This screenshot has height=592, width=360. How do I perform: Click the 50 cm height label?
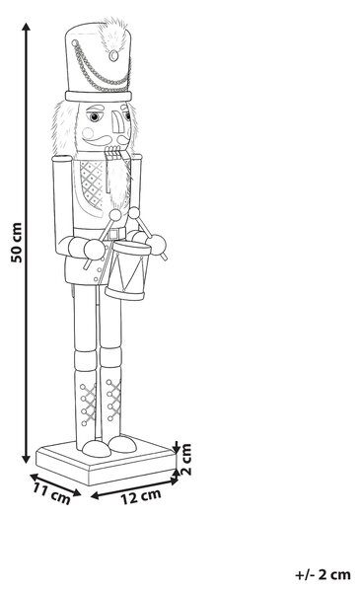pos(16,243)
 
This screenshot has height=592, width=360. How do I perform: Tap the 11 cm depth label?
pos(51,493)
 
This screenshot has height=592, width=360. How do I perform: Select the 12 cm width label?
pos(141,496)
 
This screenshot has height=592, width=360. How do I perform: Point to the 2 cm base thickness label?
pos(186,459)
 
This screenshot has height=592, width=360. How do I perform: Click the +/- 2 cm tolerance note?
pos(323,574)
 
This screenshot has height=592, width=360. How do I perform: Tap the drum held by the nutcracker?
pos(128,270)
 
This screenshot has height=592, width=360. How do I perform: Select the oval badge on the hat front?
pos(113,56)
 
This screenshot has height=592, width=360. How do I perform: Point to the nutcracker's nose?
pos(117,121)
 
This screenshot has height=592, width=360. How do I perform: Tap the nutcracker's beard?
pos(118,182)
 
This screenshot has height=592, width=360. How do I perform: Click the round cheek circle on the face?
pos(89,133)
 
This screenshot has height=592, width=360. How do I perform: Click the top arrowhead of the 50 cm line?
pos(26,28)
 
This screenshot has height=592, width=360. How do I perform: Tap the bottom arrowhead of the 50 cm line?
pos(26,458)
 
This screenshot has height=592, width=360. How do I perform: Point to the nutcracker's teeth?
pos(112,151)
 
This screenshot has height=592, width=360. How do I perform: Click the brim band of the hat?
pos(99,97)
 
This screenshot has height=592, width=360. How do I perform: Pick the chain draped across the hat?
pos(99,71)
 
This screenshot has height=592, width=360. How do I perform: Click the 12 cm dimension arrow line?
pos(134,488)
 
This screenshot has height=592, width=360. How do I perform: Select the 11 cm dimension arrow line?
pos(55,484)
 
